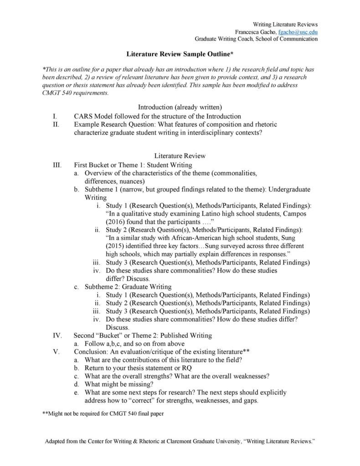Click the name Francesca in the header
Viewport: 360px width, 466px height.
pyautogui.click(x=249, y=31)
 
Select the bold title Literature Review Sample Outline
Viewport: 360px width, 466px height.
pyautogui.click(x=180, y=54)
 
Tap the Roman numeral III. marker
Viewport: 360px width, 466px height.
pyautogui.click(x=57, y=165)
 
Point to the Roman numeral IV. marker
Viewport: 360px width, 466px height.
pyautogui.click(x=57, y=335)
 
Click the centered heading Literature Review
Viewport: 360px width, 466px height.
pyautogui.click(x=180, y=155)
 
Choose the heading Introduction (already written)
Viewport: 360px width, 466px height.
pyautogui.click(x=180, y=107)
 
